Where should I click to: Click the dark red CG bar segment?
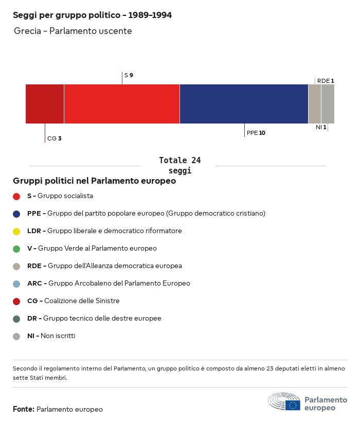(45, 104)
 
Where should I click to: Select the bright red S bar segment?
(122, 104)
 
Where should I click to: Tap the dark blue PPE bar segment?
(244, 104)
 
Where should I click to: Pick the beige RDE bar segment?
(314, 104)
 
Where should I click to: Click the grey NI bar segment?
(328, 104)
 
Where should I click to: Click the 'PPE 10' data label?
(256, 133)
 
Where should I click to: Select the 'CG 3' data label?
(54, 138)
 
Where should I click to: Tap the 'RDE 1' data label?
(326, 81)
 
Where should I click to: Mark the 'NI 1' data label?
(321, 127)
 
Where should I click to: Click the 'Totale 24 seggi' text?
(179, 165)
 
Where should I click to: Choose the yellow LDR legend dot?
(16, 231)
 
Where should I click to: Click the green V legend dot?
(16, 249)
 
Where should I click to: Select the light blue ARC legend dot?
(16, 284)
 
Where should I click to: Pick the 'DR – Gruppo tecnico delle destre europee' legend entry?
(94, 319)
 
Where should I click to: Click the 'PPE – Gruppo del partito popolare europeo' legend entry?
(146, 214)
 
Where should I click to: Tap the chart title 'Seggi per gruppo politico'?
(92, 15)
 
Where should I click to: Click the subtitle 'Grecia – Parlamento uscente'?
(73, 31)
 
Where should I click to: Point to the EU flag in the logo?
(293, 405)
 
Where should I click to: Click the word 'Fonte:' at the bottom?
(24, 410)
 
